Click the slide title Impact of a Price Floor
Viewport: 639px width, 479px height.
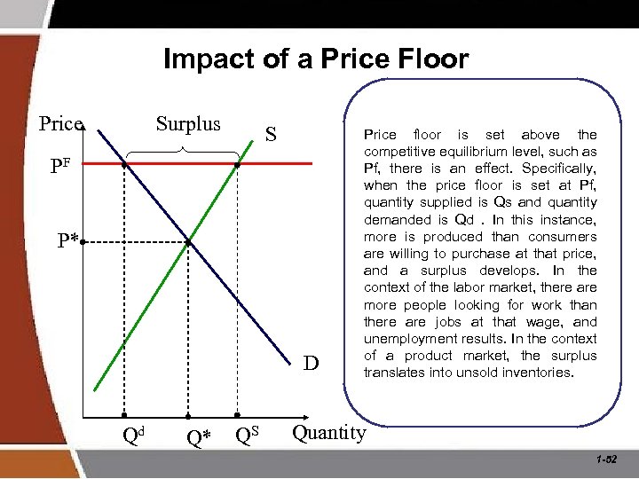click(x=316, y=59)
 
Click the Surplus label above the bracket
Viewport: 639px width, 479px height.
click(x=188, y=123)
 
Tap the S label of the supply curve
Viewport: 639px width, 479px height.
click(x=271, y=136)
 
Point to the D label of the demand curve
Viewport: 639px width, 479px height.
click(x=310, y=363)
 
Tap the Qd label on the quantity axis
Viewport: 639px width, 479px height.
click(x=133, y=435)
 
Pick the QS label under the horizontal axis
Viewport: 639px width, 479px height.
click(x=248, y=435)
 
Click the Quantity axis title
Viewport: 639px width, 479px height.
click(x=328, y=432)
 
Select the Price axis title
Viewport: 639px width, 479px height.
click(x=60, y=124)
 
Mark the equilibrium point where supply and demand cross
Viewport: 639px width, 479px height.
click(x=188, y=241)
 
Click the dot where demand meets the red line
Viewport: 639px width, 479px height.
click(x=125, y=165)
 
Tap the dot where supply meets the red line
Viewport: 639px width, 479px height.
click(x=237, y=165)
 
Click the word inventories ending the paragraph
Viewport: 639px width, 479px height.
click(x=540, y=373)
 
